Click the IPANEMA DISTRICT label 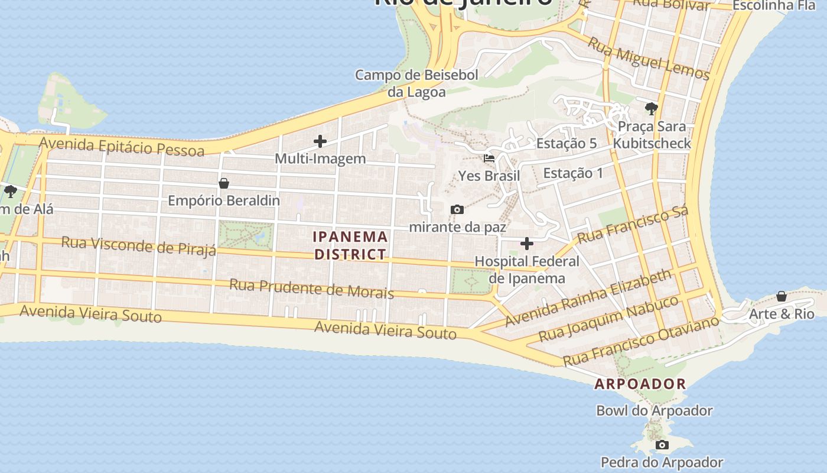(350, 245)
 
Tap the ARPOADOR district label (640, 384)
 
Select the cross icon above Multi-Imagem (320, 141)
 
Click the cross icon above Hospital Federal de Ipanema (527, 244)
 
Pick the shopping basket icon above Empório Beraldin (224, 183)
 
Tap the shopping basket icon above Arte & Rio (782, 296)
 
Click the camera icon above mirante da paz (457, 209)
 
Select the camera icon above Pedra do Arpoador (662, 445)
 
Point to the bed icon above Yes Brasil (489, 158)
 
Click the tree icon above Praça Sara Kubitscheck (652, 109)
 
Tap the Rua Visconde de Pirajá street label (139, 246)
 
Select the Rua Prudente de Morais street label (311, 289)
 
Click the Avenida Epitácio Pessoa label (122, 145)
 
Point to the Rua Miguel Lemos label (648, 58)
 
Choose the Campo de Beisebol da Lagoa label (416, 83)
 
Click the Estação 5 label (566, 144)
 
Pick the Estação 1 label (573, 173)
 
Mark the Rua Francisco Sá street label (633, 225)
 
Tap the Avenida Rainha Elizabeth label (588, 297)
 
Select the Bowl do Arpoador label (655, 410)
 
